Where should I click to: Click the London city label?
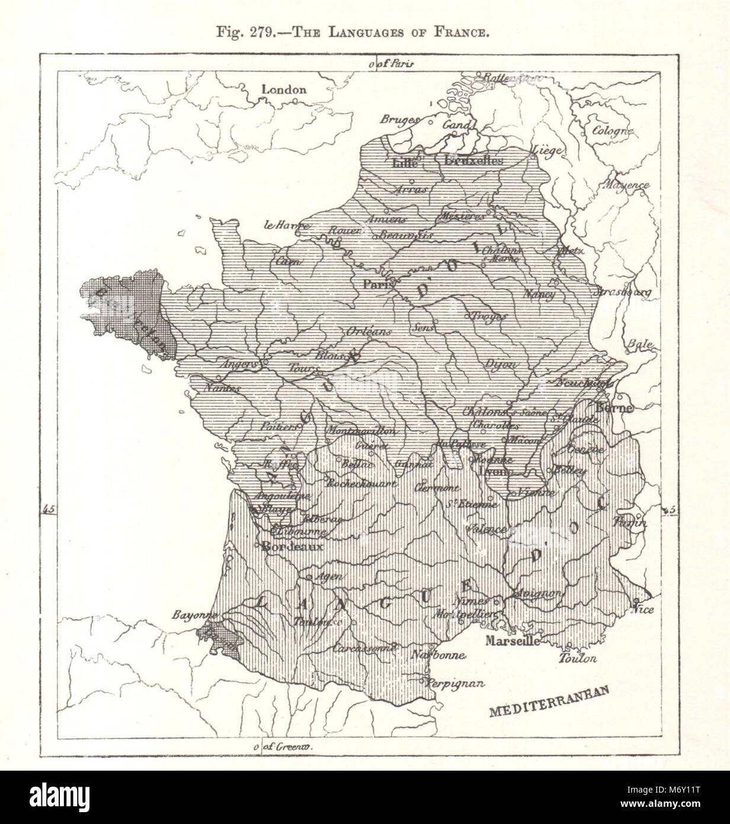click(284, 90)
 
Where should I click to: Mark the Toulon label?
click(578, 658)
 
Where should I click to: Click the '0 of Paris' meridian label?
click(392, 63)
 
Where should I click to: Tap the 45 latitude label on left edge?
click(49, 509)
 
